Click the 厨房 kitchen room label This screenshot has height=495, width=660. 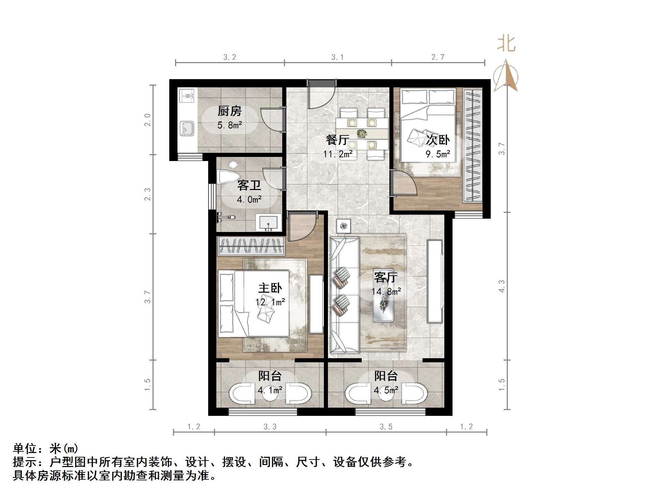[229, 111]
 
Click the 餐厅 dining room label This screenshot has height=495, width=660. [337, 140]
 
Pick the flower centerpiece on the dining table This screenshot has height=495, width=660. [362, 133]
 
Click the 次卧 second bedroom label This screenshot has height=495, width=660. [438, 140]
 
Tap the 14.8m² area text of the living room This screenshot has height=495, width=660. [386, 292]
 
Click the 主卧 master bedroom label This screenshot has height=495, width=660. [270, 288]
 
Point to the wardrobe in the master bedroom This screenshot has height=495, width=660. [251, 246]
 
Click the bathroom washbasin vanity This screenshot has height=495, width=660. [269, 223]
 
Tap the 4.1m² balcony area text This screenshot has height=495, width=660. [270, 390]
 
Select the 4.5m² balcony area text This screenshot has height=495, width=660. [386, 390]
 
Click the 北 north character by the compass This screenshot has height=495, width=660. [506, 44]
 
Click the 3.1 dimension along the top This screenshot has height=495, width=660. [338, 57]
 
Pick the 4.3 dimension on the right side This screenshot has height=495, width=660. [501, 286]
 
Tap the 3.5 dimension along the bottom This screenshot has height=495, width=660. [386, 427]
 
